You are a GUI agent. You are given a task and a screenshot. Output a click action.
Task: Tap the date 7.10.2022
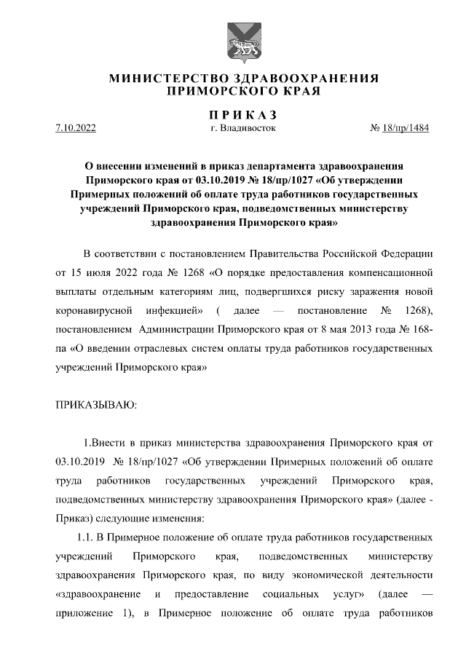pyautogui.click(x=76, y=129)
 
